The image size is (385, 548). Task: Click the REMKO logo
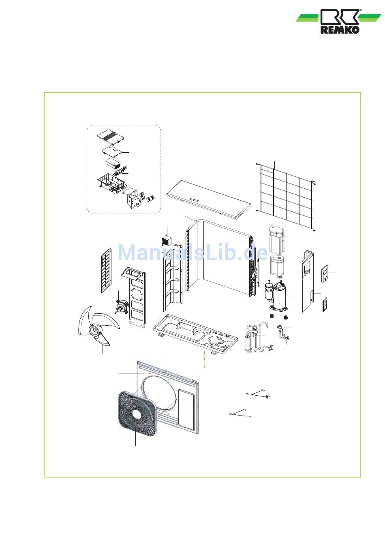pyautogui.click(x=338, y=21)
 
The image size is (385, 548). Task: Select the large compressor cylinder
pyautogui.click(x=280, y=296)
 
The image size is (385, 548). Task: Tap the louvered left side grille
pyautogui.click(x=106, y=271)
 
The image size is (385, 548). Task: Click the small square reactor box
pyautogui.click(x=167, y=240)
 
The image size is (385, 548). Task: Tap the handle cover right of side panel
pyautogui.click(x=325, y=273)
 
